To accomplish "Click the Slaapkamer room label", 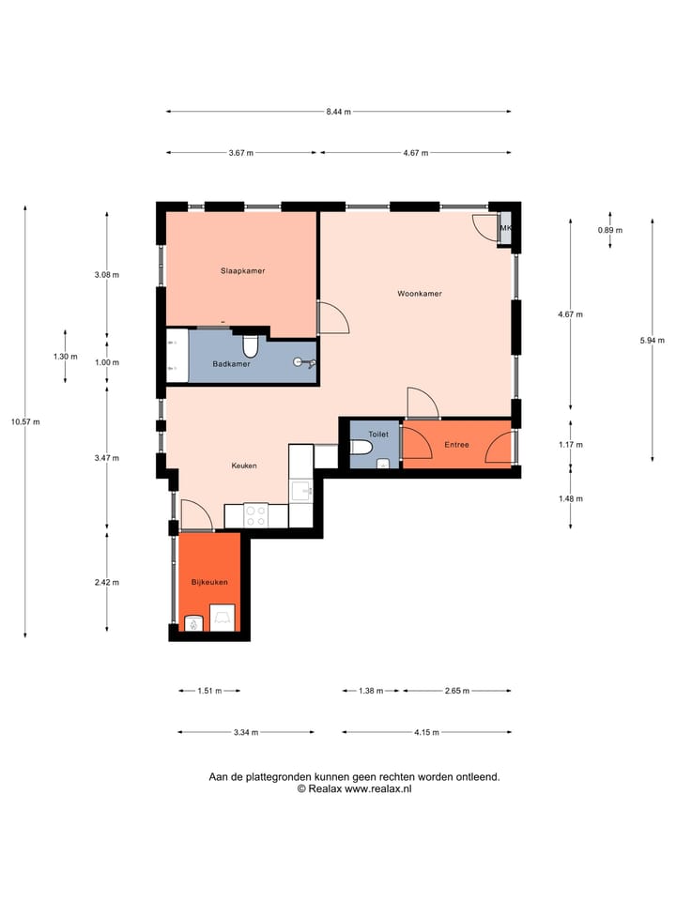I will (242, 270).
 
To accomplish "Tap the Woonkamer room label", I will (419, 294).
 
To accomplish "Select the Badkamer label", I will (231, 364).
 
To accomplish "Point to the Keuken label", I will (244, 466).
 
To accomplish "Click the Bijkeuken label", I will (209, 582).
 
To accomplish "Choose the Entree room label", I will (457, 445).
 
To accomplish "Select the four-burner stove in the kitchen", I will (255, 516).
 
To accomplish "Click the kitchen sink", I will (301, 491).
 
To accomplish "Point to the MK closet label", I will (506, 228).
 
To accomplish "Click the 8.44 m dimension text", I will (338, 112).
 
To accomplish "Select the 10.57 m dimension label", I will (24, 421).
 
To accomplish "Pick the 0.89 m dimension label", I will (610, 230).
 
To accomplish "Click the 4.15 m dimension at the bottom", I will (426, 732).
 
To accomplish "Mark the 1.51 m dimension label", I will (208, 692).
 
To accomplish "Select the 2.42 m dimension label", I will (107, 582).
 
